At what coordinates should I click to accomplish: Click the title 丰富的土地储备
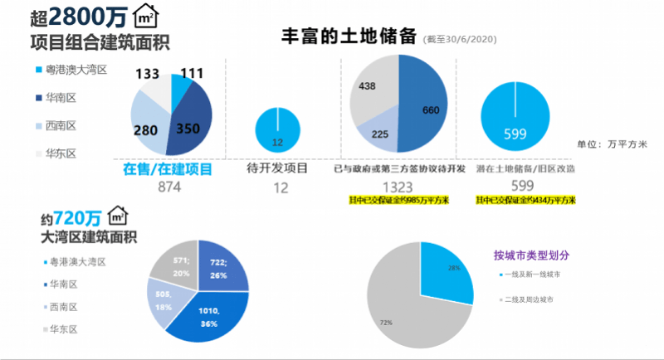349,37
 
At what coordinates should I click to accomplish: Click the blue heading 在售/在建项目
168,168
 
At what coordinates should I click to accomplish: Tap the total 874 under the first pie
169,187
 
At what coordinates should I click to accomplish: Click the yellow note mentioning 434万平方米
525,201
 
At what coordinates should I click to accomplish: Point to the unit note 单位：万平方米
612,144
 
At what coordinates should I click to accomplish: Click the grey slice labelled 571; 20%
173,265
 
